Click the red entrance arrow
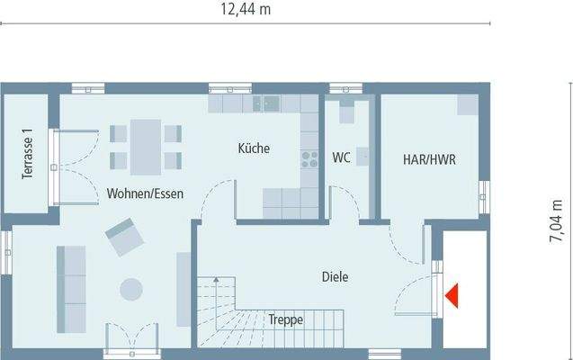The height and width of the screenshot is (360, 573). click(452, 293)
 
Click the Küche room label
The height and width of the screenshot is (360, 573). click(254, 148)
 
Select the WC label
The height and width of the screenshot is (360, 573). click(341, 158)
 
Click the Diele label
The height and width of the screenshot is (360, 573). click(335, 277)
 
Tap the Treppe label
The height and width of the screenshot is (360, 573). click(284, 319)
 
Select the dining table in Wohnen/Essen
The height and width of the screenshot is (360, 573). click(145, 146)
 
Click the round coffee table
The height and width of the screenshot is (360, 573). click(131, 289)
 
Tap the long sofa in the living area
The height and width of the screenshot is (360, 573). click(70, 288)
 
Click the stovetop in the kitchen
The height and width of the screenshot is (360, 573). click(310, 159)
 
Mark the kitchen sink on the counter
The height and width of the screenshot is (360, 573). click(266, 103)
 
